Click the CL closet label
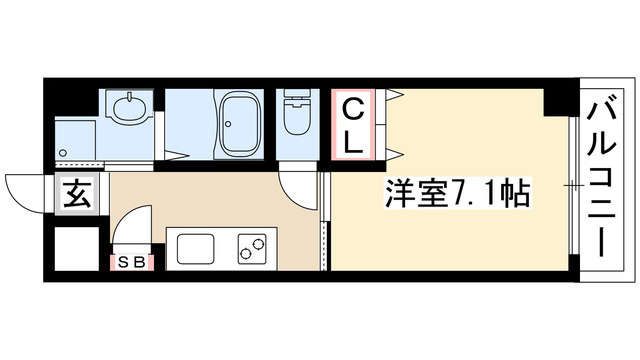pyautogui.click(x=355, y=124)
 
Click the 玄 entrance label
pyautogui.click(x=78, y=193)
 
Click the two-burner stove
pyautogui.click(x=253, y=247)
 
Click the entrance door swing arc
pyautogui.click(x=25, y=190)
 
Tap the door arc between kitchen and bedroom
pyautogui.click(x=297, y=186)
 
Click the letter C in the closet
pyautogui.click(x=355, y=107)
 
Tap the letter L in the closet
pyautogui.click(x=355, y=141)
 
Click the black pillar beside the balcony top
pyautogui.click(x=557, y=101)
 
